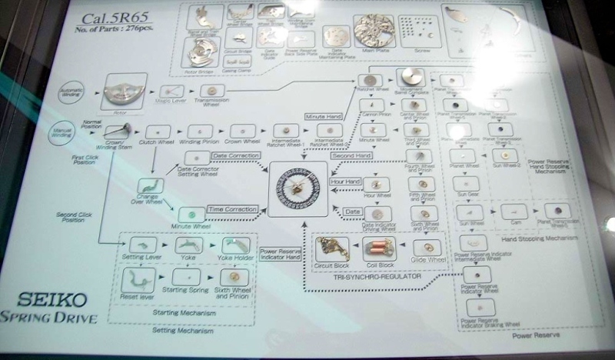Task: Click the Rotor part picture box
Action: (123, 90)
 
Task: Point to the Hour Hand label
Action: (346, 182)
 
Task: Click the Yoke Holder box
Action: (234, 245)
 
